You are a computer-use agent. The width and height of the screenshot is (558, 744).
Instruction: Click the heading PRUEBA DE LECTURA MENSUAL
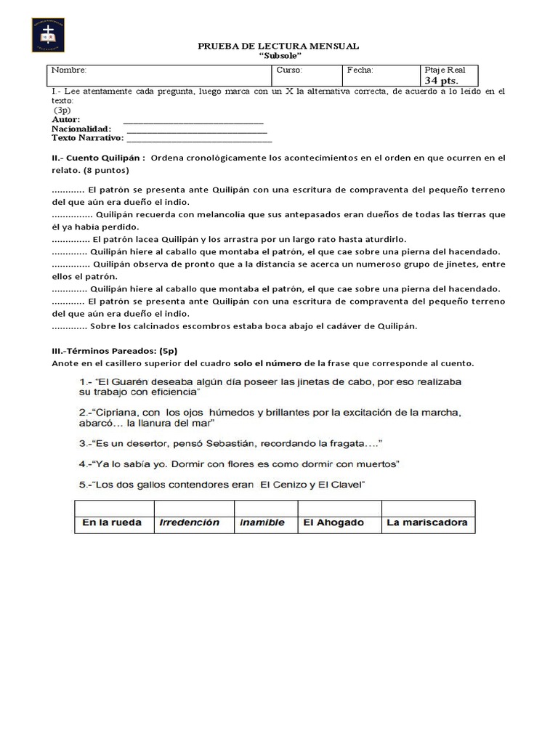click(x=278, y=46)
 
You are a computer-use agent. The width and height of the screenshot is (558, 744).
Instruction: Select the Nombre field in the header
click(x=160, y=75)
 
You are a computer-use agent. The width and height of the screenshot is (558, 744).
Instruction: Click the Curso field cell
click(x=307, y=75)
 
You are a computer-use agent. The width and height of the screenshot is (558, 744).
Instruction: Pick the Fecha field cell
click(x=381, y=75)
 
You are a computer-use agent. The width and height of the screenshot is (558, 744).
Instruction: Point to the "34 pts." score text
click(x=441, y=81)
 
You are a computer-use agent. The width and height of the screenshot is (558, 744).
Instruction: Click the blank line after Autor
click(x=193, y=120)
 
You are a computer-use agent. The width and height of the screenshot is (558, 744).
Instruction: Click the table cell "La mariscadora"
click(x=428, y=522)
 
